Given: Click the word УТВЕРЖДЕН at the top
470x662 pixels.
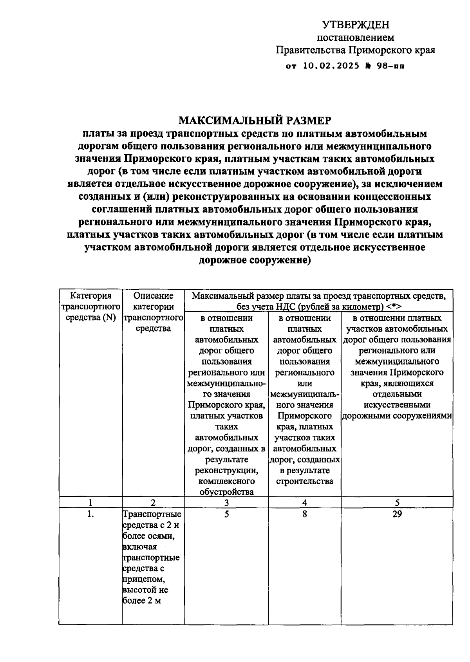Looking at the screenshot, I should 356,25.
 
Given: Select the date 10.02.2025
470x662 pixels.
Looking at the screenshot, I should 331,66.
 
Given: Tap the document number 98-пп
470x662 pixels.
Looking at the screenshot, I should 390,66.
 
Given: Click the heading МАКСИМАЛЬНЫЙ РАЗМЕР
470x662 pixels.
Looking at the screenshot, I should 255,120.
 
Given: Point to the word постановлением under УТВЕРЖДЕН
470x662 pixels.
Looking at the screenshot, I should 355,38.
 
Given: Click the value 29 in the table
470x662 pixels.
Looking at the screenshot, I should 397,514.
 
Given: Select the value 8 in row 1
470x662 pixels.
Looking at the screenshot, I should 304,514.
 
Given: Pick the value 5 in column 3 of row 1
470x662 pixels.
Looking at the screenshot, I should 226,514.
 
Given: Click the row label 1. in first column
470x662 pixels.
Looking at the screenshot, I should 90,514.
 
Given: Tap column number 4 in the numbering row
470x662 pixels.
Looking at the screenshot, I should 304,503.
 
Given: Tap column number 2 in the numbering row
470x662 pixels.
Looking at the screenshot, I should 153,503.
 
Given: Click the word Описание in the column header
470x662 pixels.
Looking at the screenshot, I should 153,296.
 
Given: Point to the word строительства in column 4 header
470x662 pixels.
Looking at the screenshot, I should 304,481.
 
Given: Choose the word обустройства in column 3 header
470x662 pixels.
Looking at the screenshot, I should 226,492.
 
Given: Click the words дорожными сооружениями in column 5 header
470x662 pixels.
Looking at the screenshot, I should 397,416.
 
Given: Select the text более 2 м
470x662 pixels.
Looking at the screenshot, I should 142,601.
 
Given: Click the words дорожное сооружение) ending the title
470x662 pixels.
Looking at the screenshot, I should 255,260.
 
